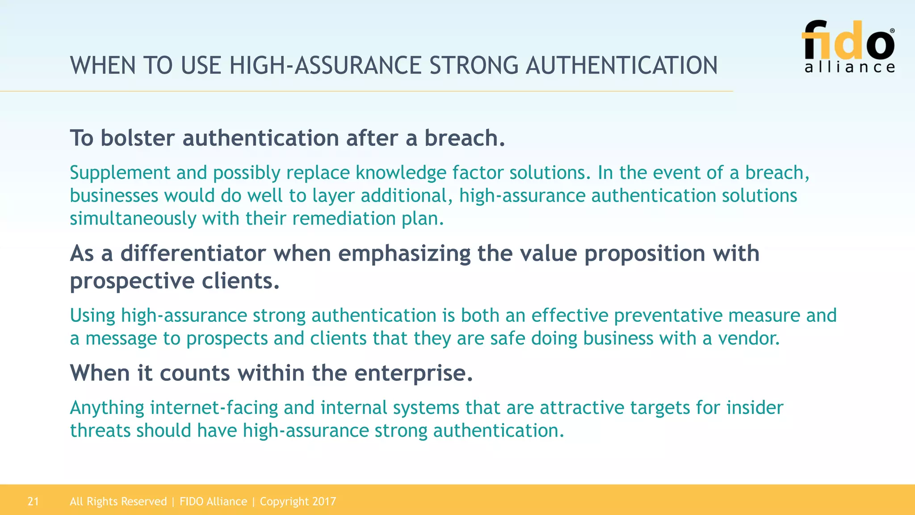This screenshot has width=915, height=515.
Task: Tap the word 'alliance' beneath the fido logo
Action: tap(850, 68)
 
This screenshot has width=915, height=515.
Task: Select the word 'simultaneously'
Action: tap(133, 219)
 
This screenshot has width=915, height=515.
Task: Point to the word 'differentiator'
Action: tap(193, 253)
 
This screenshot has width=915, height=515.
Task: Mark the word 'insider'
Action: tap(755, 408)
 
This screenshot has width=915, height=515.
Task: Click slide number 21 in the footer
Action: tap(34, 502)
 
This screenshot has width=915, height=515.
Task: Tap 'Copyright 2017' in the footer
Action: tap(298, 502)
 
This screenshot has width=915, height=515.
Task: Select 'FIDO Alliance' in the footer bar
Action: tap(213, 502)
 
